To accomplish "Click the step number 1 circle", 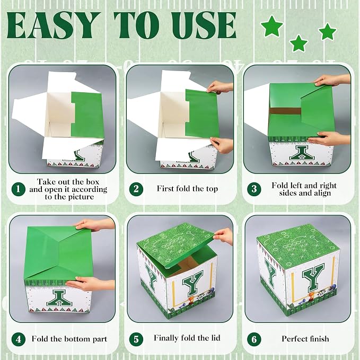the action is click(19, 189).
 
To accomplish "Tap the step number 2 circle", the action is click(136, 189).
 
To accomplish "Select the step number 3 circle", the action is click(254, 189).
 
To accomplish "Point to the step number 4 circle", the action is click(19, 339).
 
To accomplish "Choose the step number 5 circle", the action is click(136, 339).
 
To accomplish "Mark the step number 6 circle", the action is click(254, 339).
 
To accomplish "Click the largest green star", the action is click(272, 26).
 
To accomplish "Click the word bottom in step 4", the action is click(77, 339).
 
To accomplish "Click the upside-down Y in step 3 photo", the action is click(302, 153).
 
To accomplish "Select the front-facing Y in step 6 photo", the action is click(313, 280).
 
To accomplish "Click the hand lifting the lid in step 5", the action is click(223, 236).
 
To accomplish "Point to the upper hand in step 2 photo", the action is click(219, 87).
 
